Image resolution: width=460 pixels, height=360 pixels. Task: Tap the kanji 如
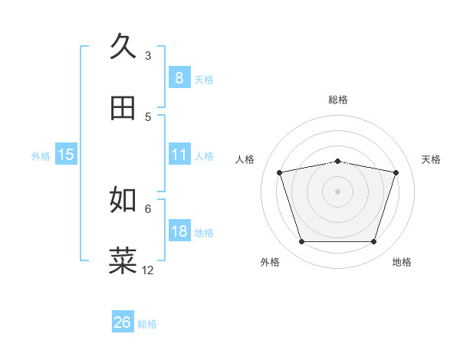pyautogui.click(x=123, y=199)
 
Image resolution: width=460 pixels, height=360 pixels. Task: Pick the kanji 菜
pyautogui.click(x=123, y=260)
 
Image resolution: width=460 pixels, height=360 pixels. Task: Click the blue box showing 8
pyautogui.click(x=179, y=77)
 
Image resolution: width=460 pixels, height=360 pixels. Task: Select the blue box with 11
pyautogui.click(x=179, y=154)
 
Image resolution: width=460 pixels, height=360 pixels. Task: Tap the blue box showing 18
pyautogui.click(x=179, y=231)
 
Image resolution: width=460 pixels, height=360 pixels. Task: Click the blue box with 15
pyautogui.click(x=66, y=155)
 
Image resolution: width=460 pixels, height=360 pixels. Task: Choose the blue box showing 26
pyautogui.click(x=123, y=322)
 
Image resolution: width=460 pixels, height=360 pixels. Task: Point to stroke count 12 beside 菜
pyautogui.click(x=148, y=270)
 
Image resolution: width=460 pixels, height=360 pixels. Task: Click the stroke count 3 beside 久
pyautogui.click(x=148, y=55)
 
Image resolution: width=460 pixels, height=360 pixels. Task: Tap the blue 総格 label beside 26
pyautogui.click(x=147, y=324)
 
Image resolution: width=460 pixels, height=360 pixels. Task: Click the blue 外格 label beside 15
pyautogui.click(x=41, y=156)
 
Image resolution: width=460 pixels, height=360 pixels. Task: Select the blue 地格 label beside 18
pyautogui.click(x=204, y=233)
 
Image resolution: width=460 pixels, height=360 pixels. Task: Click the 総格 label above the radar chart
pyautogui.click(x=338, y=100)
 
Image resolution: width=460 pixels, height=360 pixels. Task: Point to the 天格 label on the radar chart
pyautogui.click(x=431, y=159)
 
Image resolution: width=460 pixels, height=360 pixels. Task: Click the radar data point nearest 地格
pyautogui.click(x=373, y=242)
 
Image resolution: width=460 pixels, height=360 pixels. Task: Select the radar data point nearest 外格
pyautogui.click(x=301, y=242)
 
